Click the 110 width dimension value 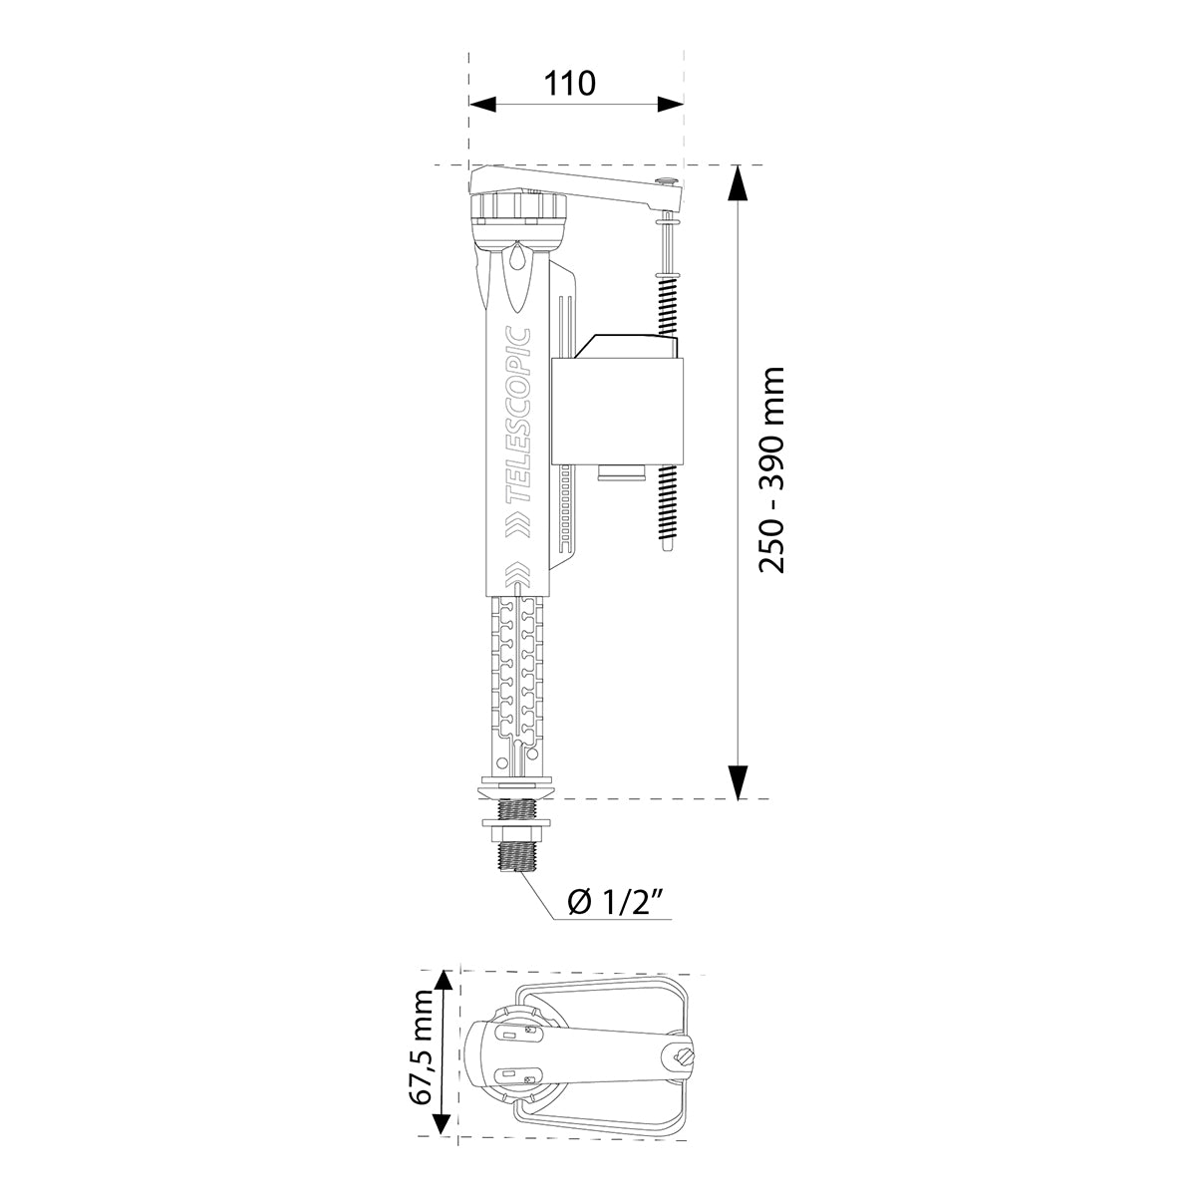coord(571,83)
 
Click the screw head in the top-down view coord(684,1055)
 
